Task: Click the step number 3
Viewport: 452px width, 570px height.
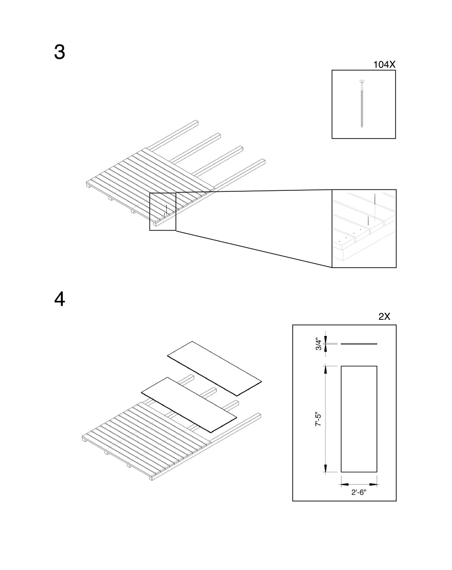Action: coord(60,52)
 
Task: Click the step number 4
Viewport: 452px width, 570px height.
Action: coord(60,299)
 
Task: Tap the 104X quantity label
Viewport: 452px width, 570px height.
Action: coord(384,64)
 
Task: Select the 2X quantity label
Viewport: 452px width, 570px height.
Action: coord(384,316)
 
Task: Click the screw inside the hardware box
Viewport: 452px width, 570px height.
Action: coord(362,103)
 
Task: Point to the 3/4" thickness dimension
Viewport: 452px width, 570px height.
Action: coord(319,344)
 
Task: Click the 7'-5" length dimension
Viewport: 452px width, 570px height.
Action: coord(318,419)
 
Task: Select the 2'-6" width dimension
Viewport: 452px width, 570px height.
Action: coord(359,492)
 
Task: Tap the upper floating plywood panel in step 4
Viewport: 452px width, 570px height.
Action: coord(214,368)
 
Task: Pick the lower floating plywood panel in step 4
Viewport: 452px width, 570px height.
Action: coord(189,405)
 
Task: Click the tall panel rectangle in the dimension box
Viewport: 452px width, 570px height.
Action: coord(359,419)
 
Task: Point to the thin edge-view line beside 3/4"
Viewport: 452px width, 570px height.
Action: coord(359,344)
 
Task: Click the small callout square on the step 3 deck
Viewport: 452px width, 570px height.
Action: coord(163,211)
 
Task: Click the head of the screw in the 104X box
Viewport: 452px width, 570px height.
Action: coord(362,81)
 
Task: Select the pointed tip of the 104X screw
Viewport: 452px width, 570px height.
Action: coord(362,128)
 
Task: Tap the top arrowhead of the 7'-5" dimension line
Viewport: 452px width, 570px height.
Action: coord(325,369)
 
